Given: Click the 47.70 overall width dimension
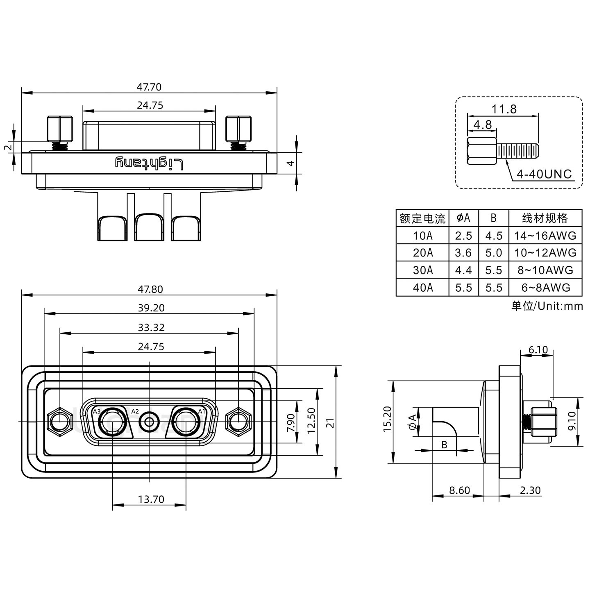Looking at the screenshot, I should (x=149, y=87).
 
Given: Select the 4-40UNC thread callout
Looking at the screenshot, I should (x=544, y=174).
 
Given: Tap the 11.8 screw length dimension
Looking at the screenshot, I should (x=504, y=109).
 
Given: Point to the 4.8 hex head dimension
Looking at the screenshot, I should (x=482, y=125).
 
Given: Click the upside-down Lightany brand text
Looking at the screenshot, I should (x=149, y=163).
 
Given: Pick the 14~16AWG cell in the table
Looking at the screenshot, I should (x=545, y=236).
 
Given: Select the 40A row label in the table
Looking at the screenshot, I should (x=422, y=288).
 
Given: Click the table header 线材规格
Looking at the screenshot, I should (x=545, y=218).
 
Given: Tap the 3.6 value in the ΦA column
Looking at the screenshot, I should (x=463, y=253).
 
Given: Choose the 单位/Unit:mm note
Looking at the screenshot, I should (x=547, y=306).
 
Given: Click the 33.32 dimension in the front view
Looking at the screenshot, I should (x=151, y=327).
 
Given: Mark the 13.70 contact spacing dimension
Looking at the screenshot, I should (x=151, y=499).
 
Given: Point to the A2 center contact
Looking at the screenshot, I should (x=149, y=422).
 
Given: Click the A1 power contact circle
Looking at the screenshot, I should (x=186, y=422).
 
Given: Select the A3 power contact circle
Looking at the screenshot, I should (x=112, y=422).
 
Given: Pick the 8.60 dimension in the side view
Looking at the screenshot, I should (x=459, y=490).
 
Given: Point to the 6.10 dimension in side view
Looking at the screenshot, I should (x=538, y=349).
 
